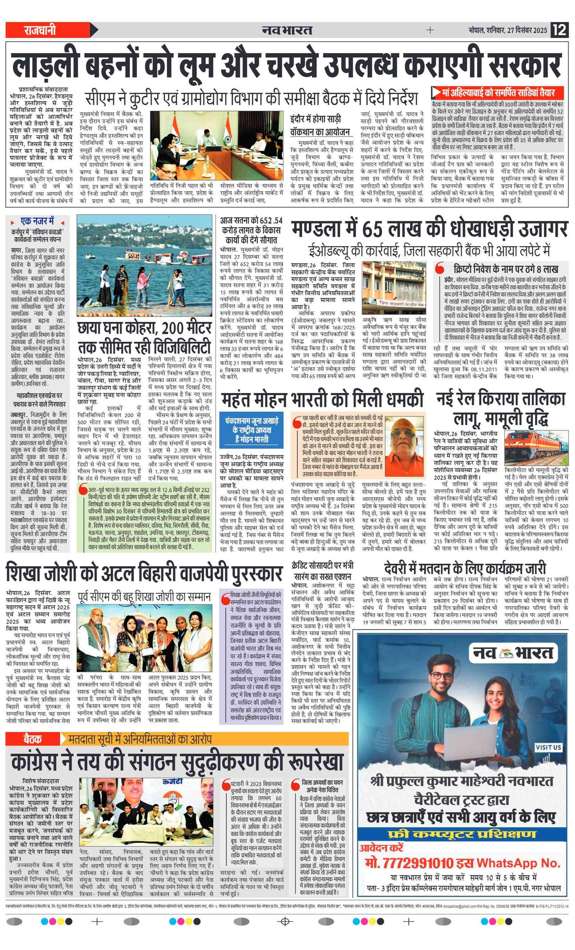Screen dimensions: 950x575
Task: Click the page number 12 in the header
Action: tap(559, 30)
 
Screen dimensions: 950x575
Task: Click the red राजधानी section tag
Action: tap(40, 30)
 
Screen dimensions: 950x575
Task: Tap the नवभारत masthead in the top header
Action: tap(287, 30)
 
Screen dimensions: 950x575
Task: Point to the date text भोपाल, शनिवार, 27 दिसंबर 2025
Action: tap(507, 30)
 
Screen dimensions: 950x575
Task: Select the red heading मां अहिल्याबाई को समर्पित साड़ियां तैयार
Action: tap(498, 93)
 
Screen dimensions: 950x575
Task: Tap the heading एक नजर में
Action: tap(37, 222)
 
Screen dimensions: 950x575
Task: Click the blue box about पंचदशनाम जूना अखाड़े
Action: tap(252, 430)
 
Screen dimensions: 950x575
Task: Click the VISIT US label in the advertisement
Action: tap(548, 758)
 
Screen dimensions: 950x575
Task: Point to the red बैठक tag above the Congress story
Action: tap(32, 739)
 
